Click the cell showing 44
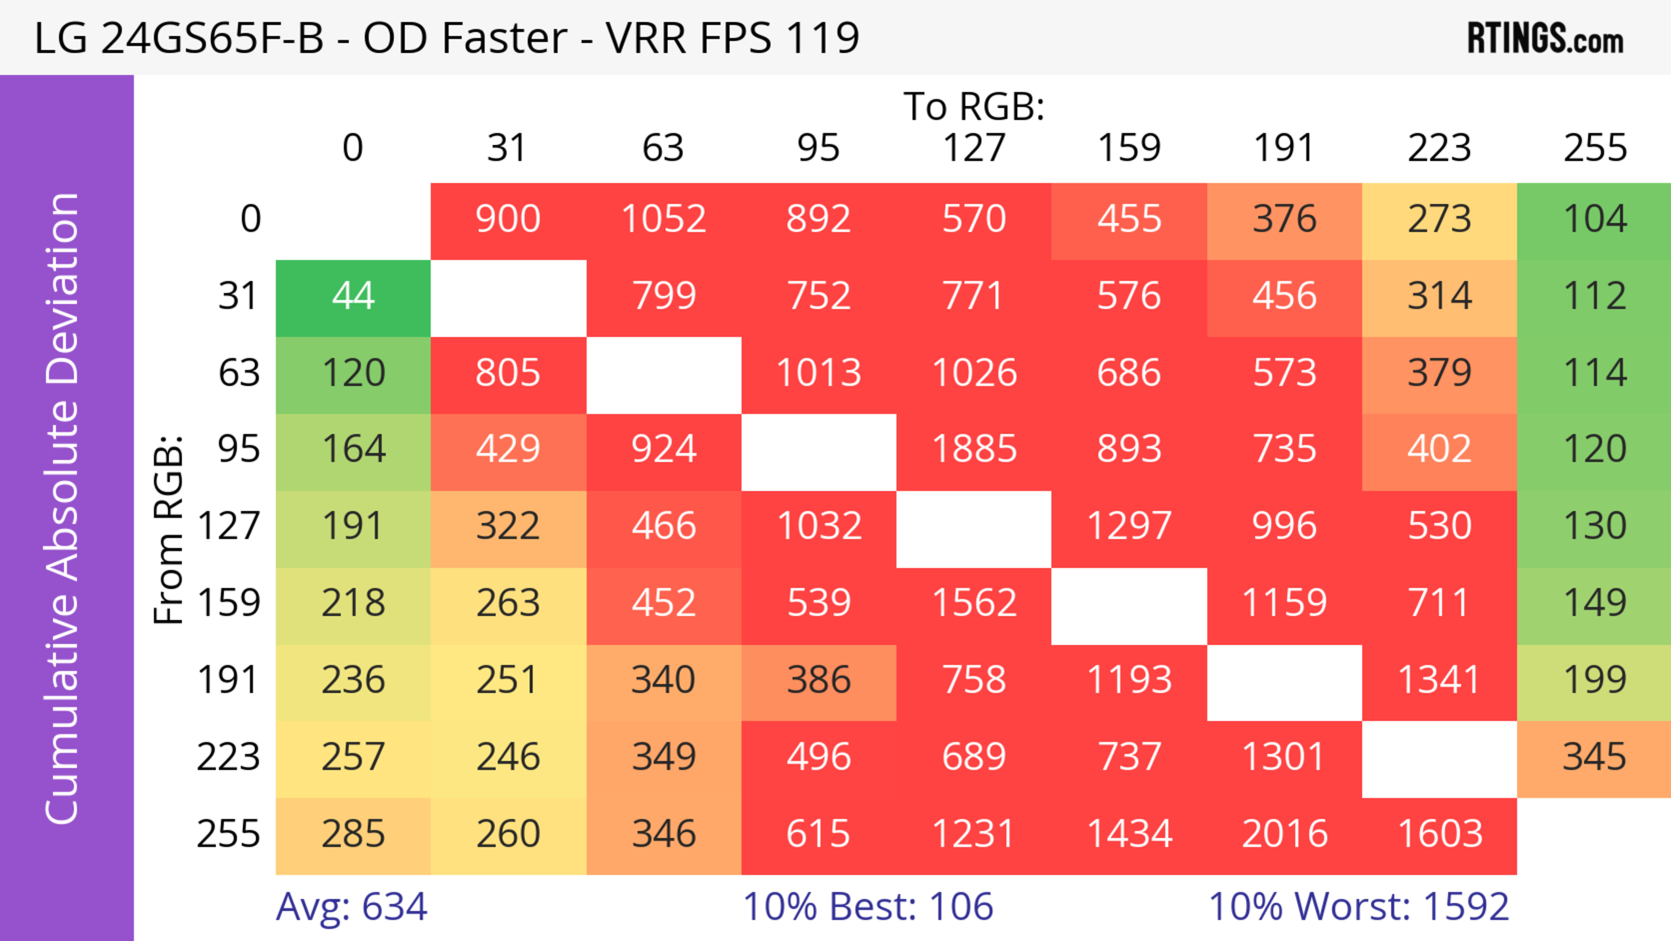coord(353,296)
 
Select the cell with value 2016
coord(1285,833)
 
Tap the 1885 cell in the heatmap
coord(974,449)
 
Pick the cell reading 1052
coord(664,219)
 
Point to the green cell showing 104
coord(1594,219)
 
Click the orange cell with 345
coord(1594,757)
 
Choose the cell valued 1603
coord(1439,833)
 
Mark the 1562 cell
coord(974,603)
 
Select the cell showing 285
coord(353,833)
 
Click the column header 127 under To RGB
coord(974,148)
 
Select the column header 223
coord(1439,148)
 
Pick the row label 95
coord(239,449)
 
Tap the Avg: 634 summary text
coord(352,907)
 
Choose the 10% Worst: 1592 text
coord(1358,907)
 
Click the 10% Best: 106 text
coord(868,907)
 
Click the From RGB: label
coord(169,530)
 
